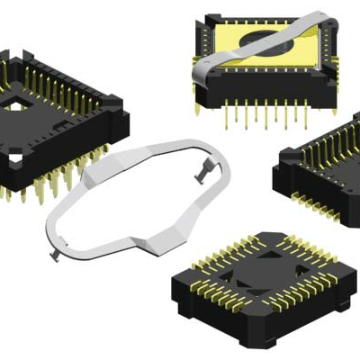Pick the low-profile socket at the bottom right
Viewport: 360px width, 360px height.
point(261,283)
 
